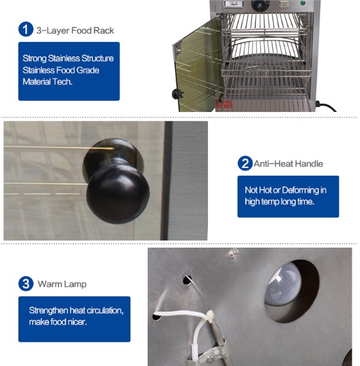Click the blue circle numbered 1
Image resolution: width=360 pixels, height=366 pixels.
[x=26, y=29]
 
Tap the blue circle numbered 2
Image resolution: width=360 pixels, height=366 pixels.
[x=245, y=163]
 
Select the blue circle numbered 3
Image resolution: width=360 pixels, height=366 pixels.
[x=26, y=284]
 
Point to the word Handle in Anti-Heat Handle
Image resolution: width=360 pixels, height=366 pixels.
[x=309, y=164]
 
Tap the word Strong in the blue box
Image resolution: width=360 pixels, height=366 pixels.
[x=34, y=59]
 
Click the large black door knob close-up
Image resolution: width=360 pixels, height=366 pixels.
[x=116, y=181]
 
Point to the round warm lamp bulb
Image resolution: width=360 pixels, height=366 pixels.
[x=283, y=284]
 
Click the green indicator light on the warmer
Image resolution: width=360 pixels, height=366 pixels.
[x=303, y=3]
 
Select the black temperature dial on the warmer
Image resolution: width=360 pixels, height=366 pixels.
[x=260, y=4]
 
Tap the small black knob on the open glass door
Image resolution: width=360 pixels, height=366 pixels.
[x=177, y=94]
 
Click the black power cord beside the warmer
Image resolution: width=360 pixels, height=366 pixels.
[x=326, y=106]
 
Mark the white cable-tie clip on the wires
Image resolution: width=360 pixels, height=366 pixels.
[x=210, y=317]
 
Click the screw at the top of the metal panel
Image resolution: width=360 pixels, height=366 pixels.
[x=232, y=255]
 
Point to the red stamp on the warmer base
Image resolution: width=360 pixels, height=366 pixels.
[x=224, y=104]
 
